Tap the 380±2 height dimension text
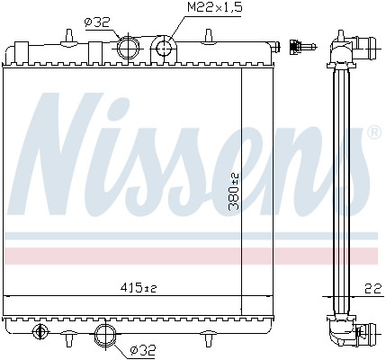tap(234, 192)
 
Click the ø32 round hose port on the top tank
tap(128, 46)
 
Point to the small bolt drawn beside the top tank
tap(300, 47)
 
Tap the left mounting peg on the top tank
tap(70, 35)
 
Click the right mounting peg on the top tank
tap(209, 36)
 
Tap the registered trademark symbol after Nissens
tap(373, 133)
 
